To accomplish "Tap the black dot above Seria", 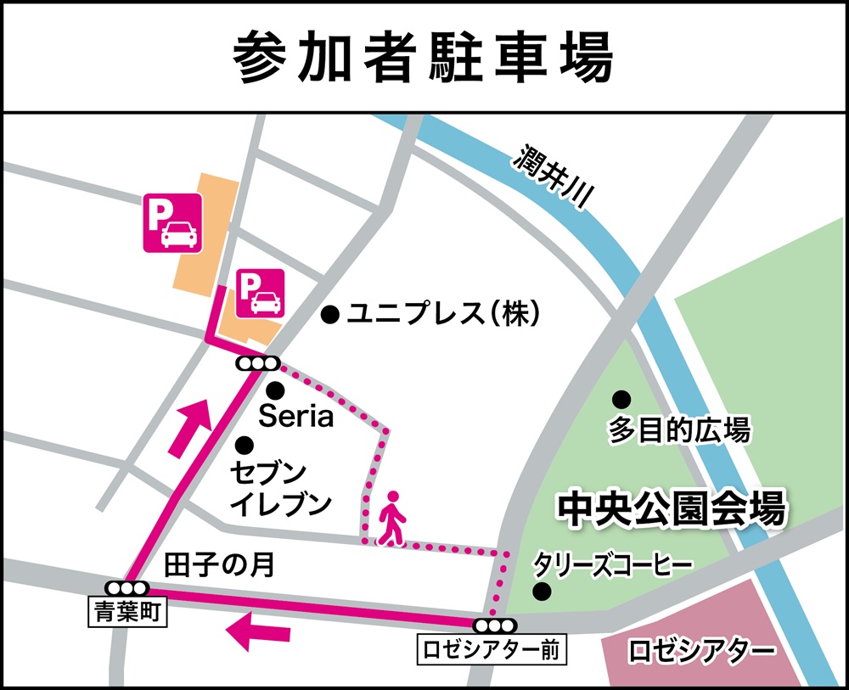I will (274, 391).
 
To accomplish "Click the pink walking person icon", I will (391, 518).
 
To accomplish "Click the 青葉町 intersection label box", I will (127, 610).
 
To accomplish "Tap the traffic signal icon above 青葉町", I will (127, 587).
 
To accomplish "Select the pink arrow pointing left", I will (259, 633).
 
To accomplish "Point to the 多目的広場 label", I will (678, 430).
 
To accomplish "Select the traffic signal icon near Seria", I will (257, 364).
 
